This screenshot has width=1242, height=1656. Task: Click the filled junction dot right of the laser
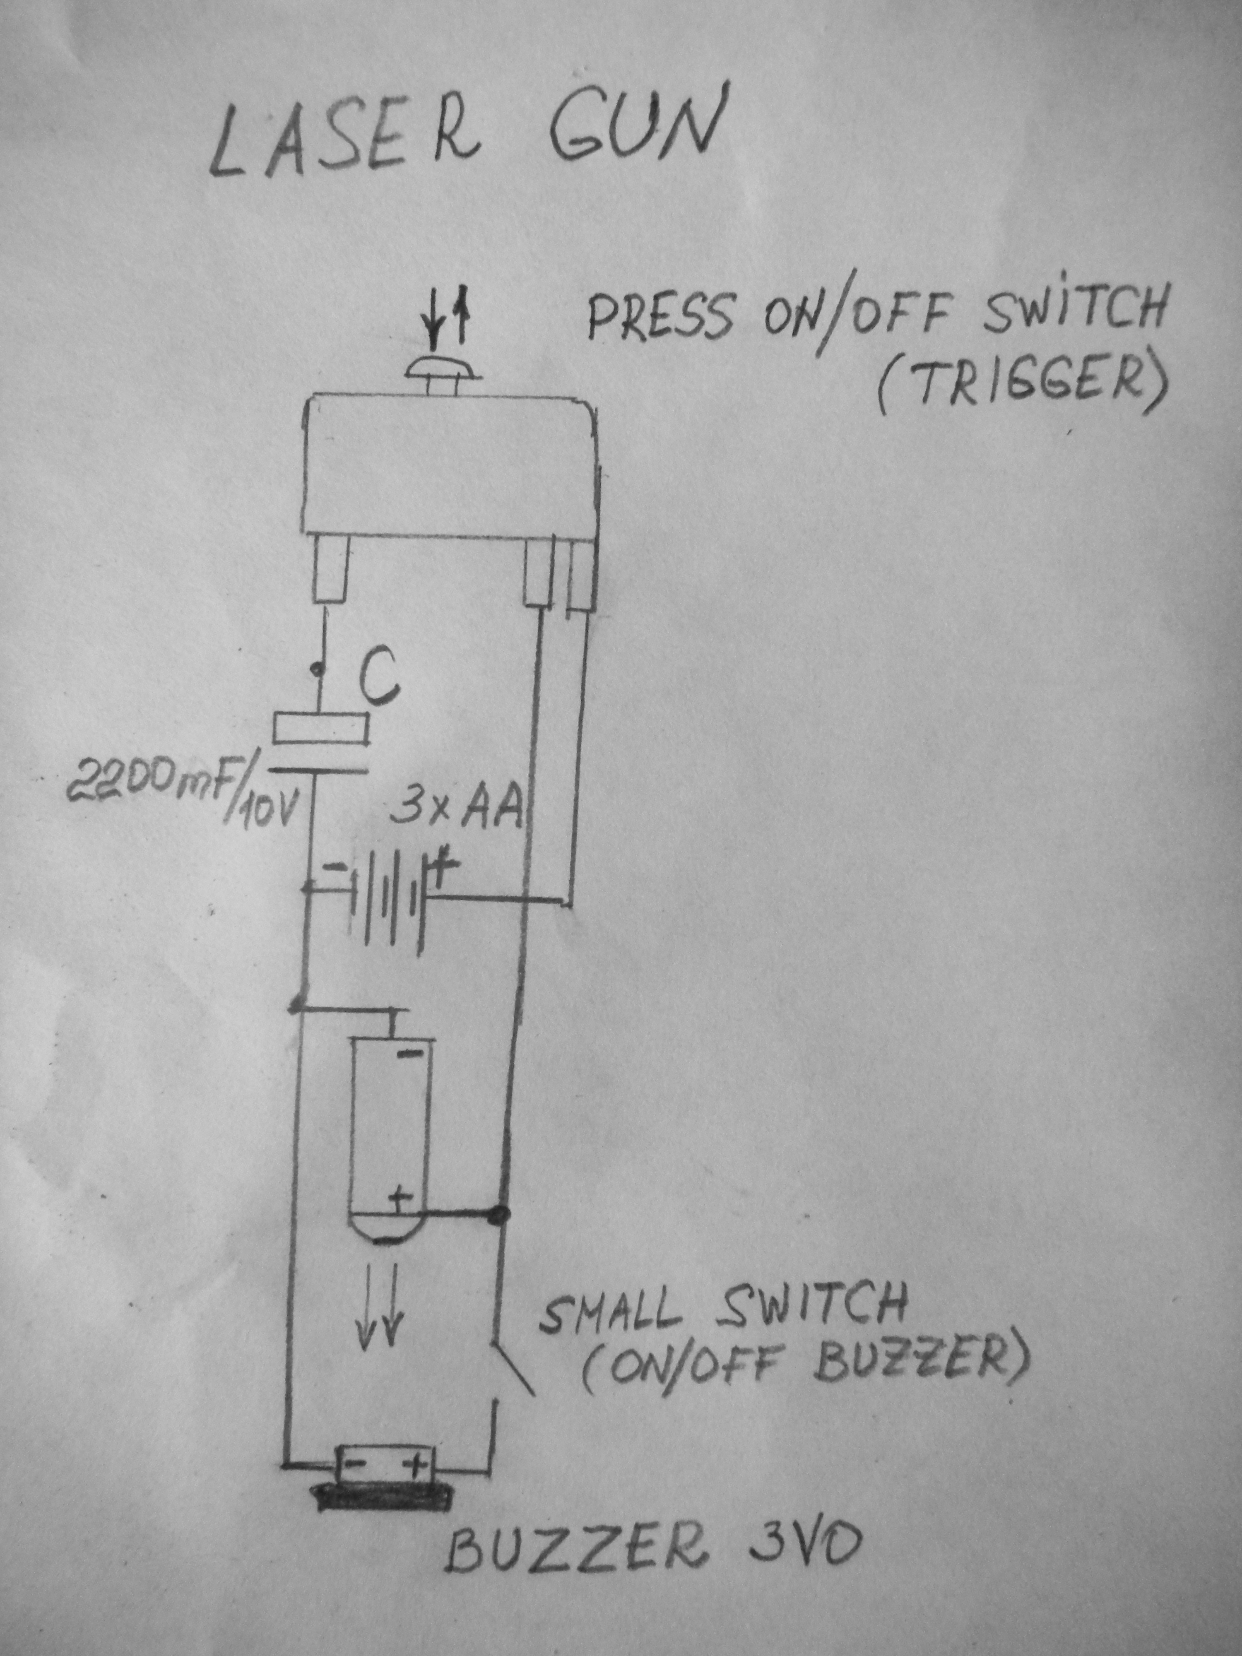[x=498, y=1213]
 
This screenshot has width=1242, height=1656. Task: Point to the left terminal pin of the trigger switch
[x=330, y=568]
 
